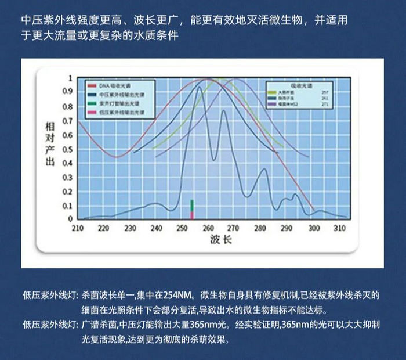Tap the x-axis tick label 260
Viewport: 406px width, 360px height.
coord(209,228)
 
